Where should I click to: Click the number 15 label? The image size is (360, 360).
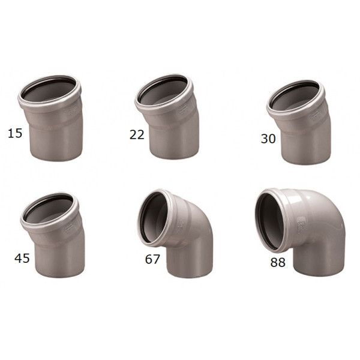pyautogui.click(x=15, y=133)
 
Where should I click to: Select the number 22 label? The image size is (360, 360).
pyautogui.click(x=137, y=135)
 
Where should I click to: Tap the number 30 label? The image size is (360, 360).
pyautogui.click(x=268, y=139)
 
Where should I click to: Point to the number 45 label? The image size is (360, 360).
pyautogui.click(x=22, y=258)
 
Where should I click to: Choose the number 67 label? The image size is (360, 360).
pyautogui.click(x=152, y=259)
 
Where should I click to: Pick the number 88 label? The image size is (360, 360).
pyautogui.click(x=278, y=262)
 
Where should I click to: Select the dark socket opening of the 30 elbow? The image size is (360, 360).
pyautogui.click(x=295, y=95)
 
